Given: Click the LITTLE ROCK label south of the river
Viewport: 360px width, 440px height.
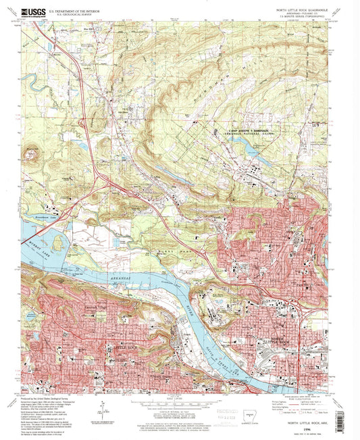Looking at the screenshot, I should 126,347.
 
